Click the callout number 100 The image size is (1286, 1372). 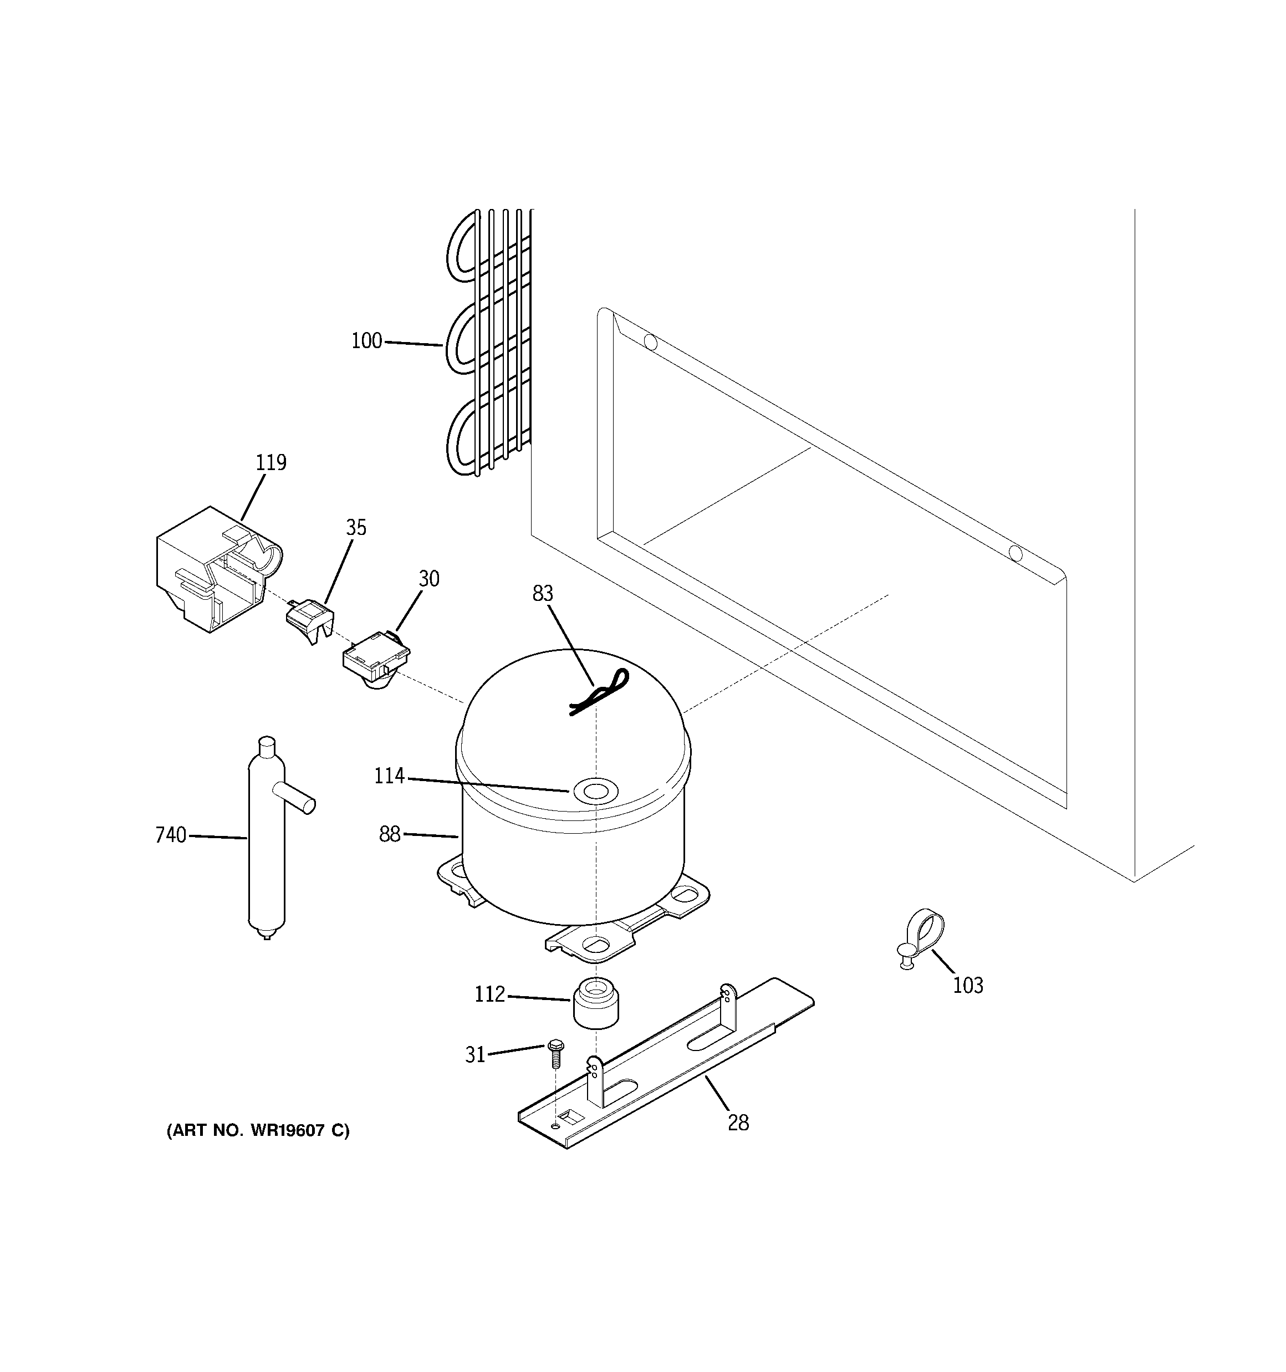pos(366,341)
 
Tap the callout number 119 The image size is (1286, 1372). pos(271,462)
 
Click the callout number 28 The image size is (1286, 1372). pos(738,1124)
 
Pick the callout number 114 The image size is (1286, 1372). pos(389,777)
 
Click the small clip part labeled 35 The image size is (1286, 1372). pos(309,618)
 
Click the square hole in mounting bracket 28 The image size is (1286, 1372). pos(569,1115)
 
